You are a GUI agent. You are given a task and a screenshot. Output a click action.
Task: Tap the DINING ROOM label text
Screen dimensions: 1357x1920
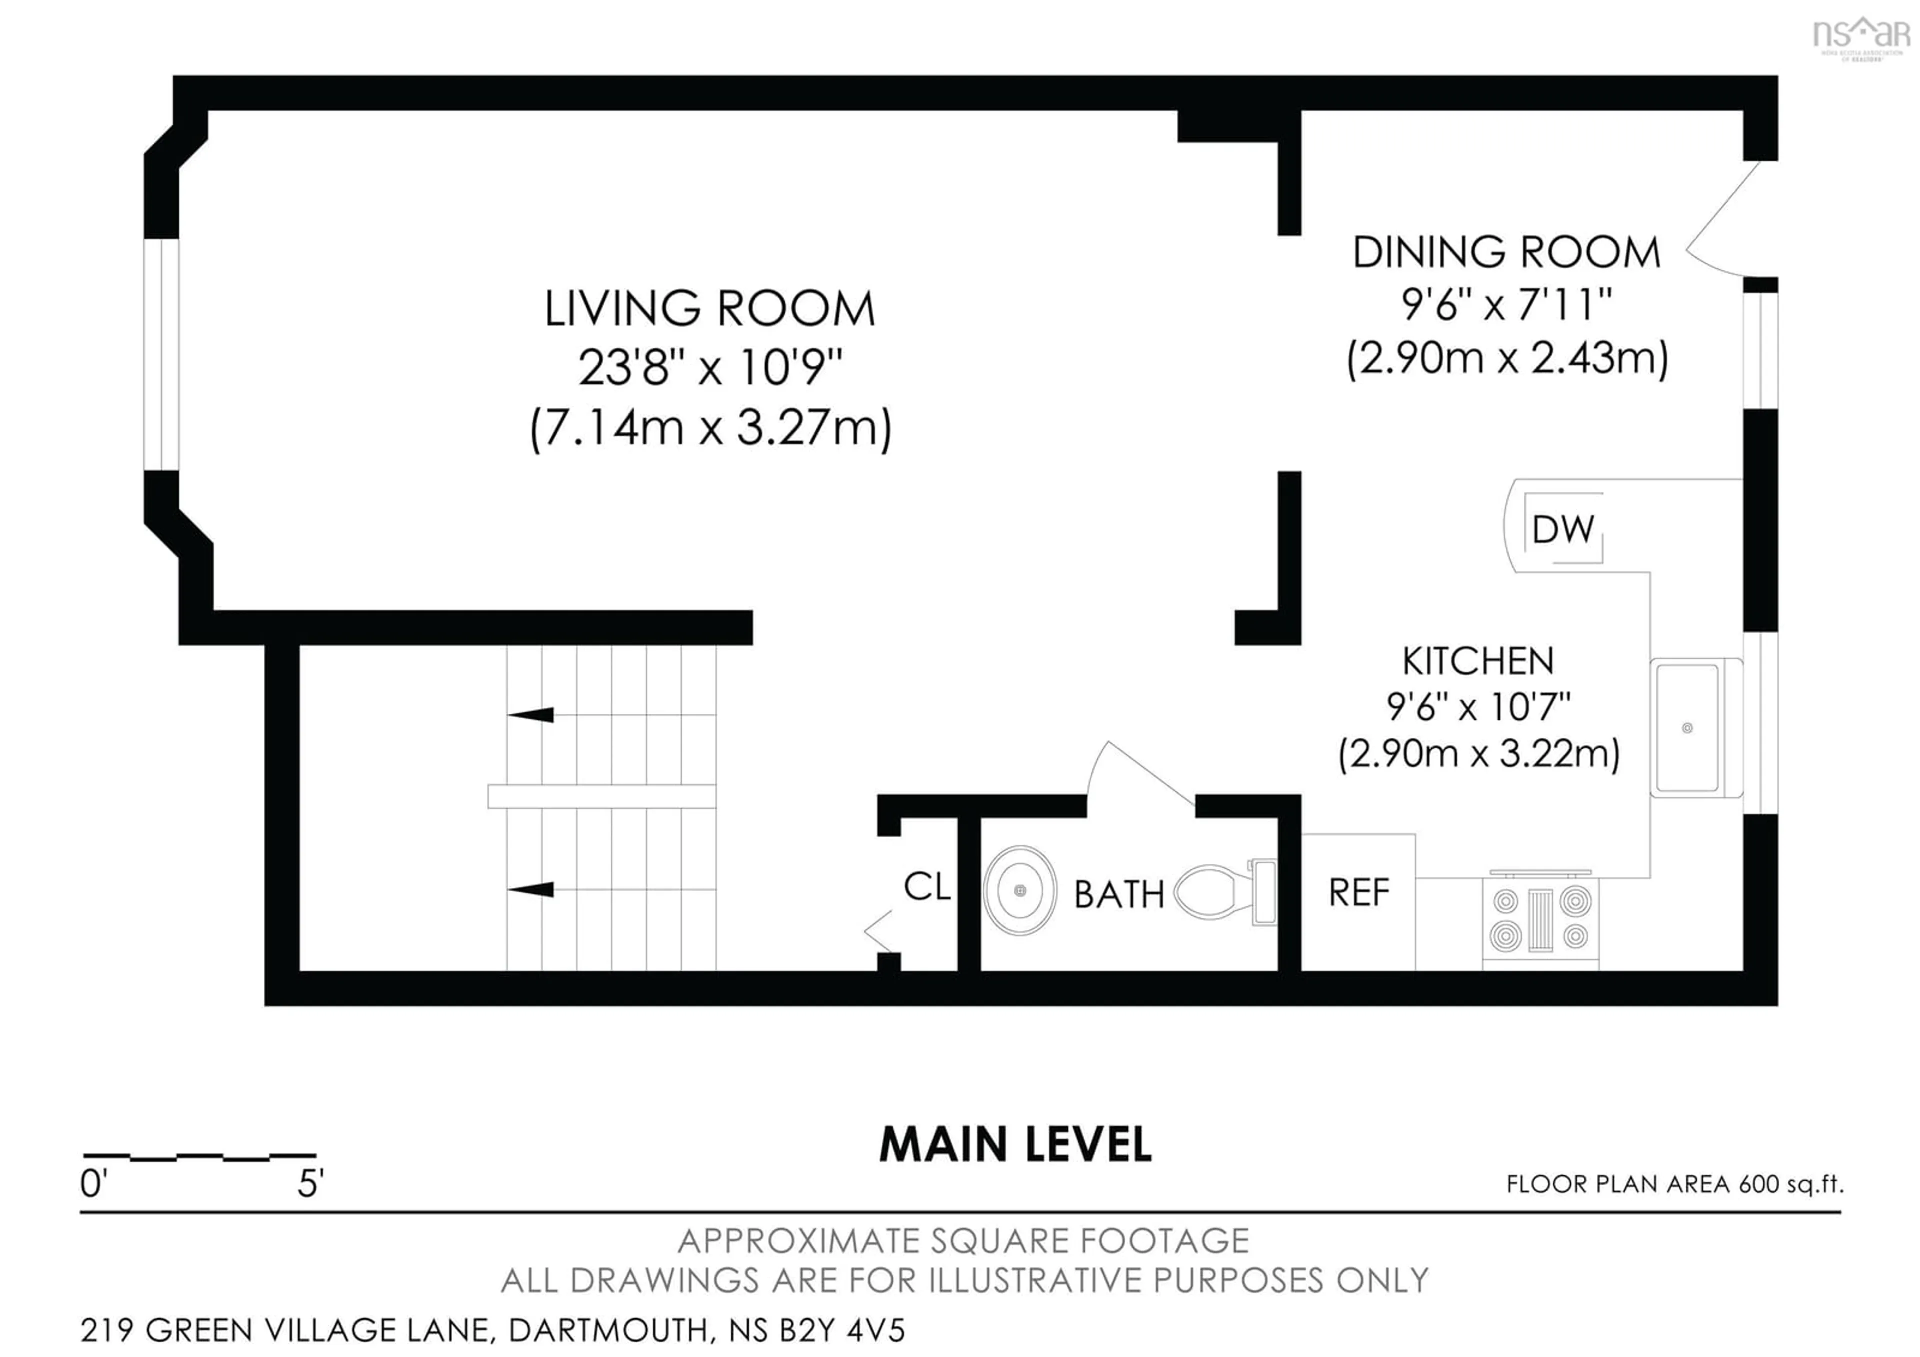[x=1506, y=252]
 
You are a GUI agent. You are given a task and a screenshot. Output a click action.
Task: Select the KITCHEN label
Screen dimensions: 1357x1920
[x=1477, y=661]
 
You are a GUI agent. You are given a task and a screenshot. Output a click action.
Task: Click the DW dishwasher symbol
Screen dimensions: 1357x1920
[x=1562, y=529]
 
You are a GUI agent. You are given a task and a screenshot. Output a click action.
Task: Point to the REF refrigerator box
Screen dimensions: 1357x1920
[x=1358, y=893]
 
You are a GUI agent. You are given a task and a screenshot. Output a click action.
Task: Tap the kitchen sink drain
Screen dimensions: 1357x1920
[x=1686, y=727]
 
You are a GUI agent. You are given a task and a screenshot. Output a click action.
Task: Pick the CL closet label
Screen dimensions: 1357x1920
[x=926, y=887]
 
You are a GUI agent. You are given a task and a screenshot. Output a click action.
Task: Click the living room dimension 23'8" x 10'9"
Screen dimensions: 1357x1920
[x=709, y=367]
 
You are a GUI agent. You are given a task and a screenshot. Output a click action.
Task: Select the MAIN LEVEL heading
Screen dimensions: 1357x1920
[x=1015, y=1144]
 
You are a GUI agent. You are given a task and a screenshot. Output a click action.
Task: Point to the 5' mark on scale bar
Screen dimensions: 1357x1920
[x=310, y=1183]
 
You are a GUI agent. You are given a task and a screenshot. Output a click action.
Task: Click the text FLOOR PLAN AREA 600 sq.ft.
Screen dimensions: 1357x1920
[x=1674, y=1184]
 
